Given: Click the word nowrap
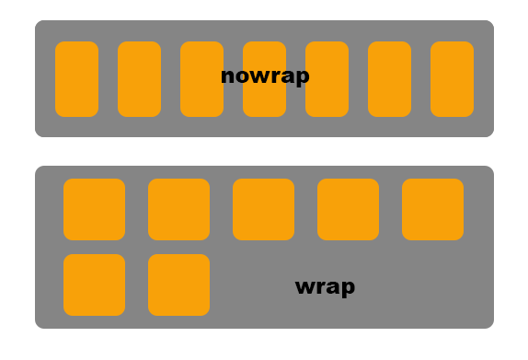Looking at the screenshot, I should tap(265, 76).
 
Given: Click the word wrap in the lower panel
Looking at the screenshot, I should tap(325, 286).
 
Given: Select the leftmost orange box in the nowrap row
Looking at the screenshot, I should tap(76, 79).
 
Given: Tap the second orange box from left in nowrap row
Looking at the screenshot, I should tap(139, 79).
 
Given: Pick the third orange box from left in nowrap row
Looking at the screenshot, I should tap(201, 79).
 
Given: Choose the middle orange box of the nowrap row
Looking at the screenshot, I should tap(264, 101).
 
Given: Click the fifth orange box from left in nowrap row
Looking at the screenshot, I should tap(327, 79).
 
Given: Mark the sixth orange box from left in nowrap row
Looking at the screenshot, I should tap(389, 79).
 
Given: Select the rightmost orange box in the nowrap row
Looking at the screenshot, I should tap(452, 79).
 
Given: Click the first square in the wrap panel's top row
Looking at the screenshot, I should tap(94, 209).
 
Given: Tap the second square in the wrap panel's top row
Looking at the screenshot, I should tap(178, 209).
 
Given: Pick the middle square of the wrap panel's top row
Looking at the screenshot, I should tap(263, 209).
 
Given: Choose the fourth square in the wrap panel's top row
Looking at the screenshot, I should tap(348, 209).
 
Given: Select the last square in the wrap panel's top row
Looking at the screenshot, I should tap(432, 209).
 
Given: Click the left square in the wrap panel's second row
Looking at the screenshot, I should tap(94, 285).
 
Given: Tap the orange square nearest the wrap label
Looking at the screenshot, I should tap(178, 285).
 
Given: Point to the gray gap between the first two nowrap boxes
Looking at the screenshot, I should tap(108, 79).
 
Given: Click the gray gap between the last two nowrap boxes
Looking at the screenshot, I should tap(420, 79).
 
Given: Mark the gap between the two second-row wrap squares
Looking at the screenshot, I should tap(136, 285).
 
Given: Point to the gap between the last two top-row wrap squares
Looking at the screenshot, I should tap(390, 209).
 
